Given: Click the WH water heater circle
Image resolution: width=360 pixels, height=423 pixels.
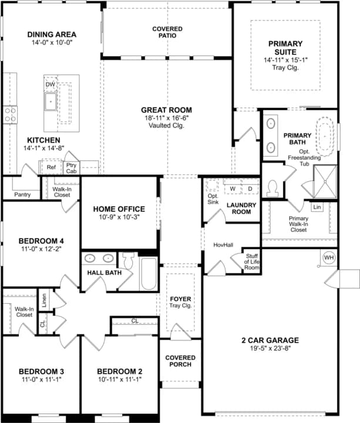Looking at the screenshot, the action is tap(329, 257).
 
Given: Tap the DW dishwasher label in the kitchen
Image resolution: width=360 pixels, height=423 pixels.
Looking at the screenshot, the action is tap(50, 85).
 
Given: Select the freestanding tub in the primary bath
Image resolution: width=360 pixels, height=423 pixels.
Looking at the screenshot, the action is tap(327, 136).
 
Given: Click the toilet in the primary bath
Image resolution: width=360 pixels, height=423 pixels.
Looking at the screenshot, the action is tap(272, 189).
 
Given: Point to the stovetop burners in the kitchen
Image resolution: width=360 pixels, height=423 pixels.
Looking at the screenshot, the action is tap(10, 115).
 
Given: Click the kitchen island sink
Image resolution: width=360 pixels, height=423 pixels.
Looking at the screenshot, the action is tap(51, 102).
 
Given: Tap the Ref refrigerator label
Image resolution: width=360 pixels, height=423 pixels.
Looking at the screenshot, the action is tap(51, 167).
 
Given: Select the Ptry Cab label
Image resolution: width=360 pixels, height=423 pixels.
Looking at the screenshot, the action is tap(72, 168).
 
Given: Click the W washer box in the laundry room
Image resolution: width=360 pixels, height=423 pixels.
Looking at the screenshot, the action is tap(233, 189).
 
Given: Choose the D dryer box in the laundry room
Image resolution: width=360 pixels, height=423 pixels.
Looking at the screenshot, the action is tap(250, 189).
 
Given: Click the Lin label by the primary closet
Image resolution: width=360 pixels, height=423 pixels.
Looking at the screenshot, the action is tap(317, 207).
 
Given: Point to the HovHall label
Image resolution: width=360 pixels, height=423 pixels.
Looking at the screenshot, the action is tap(223, 245).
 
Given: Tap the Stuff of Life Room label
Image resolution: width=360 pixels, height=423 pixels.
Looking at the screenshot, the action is tap(252, 261).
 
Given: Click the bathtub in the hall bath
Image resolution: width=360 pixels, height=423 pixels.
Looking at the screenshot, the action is tap(149, 274).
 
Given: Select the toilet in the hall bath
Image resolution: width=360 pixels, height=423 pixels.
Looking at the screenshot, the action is tap(129, 260).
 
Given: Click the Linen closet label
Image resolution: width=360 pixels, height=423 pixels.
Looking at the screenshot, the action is tap(44, 300).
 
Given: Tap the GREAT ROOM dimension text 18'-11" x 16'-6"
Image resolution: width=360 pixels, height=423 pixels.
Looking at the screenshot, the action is tap(166, 118).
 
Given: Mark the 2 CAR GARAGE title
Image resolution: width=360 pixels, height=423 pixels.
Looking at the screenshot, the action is tap(270, 340).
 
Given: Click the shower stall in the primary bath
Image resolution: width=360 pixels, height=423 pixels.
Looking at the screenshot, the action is tap(325, 182).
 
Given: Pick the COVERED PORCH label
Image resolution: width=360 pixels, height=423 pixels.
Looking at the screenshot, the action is tap(180, 361).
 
